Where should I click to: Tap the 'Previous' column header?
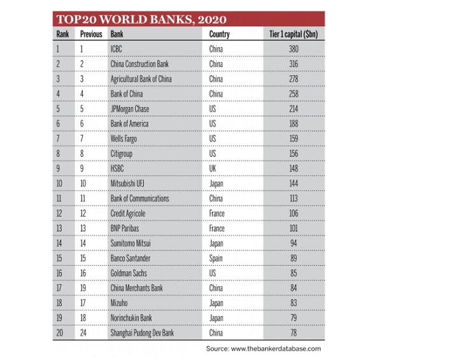tap(91, 34)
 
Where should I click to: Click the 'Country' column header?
tap(219, 34)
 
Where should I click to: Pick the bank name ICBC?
tap(117, 49)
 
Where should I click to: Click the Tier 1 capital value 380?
tap(294, 49)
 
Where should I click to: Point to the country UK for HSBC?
tap(213, 169)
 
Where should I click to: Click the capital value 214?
tap(294, 109)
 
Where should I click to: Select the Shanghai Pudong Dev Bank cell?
tap(142, 333)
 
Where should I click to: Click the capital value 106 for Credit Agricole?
tap(294, 213)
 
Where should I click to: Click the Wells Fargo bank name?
tap(124, 139)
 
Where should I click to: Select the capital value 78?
tap(294, 333)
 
